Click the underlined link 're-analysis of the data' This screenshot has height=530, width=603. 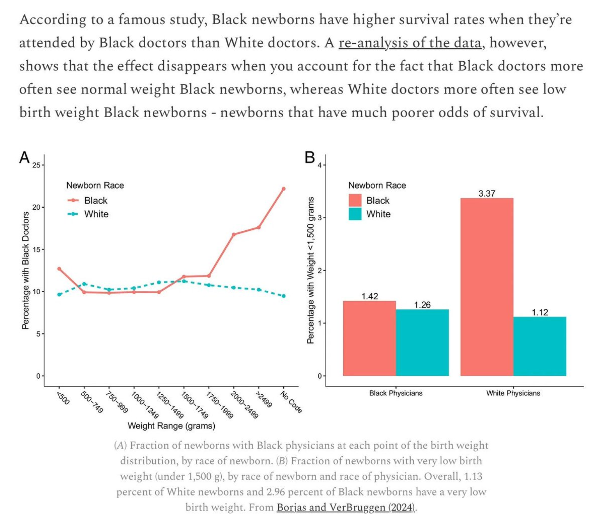click(410, 43)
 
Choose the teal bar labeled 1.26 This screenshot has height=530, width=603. click(422, 342)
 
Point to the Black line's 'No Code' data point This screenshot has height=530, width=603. click(284, 188)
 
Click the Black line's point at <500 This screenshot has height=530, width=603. click(59, 269)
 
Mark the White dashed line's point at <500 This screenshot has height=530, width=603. click(59, 294)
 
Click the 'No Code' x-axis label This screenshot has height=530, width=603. click(291, 402)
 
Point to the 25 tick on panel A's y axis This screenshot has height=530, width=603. click(36, 165)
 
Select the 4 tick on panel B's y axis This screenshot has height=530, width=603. click(319, 165)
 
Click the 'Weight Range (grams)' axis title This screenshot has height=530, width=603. click(171, 426)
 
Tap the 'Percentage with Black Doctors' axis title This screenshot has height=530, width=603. click(26, 270)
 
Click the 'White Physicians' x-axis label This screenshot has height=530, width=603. click(513, 393)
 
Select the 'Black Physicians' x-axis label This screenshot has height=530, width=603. click(396, 393)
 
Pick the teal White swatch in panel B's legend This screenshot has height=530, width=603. click(355, 214)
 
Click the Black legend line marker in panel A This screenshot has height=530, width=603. click(73, 200)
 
